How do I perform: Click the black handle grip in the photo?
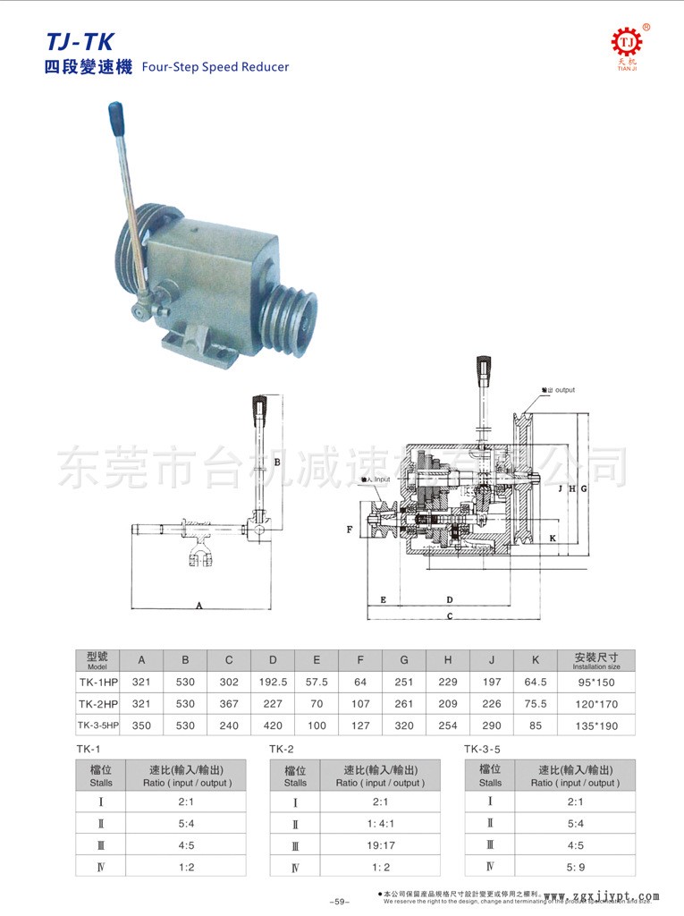click(116, 115)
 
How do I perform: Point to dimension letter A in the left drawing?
click(199, 606)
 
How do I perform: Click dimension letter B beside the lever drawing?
click(277, 462)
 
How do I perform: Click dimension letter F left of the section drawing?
click(350, 530)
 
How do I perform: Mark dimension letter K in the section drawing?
click(553, 539)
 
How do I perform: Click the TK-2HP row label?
click(97, 704)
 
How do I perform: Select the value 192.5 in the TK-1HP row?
click(273, 682)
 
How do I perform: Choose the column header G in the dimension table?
click(404, 660)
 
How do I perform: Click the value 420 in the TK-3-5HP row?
click(273, 725)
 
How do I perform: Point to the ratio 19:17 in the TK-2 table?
click(380, 844)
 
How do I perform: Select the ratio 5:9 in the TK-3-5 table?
click(575, 865)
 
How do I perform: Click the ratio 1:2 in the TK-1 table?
click(187, 866)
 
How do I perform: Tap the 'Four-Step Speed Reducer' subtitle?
click(215, 67)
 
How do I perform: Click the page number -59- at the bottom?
click(340, 902)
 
